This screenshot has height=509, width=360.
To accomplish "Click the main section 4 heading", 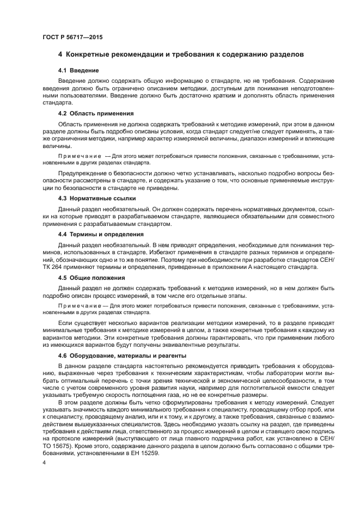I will (180, 54).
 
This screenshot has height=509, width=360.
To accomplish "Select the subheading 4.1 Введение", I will (78, 70).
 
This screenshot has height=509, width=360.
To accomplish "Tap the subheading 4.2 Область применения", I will (96, 113).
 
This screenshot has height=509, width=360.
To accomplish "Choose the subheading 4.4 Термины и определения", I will (101, 234).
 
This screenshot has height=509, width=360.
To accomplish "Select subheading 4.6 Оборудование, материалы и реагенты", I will (123, 355).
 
